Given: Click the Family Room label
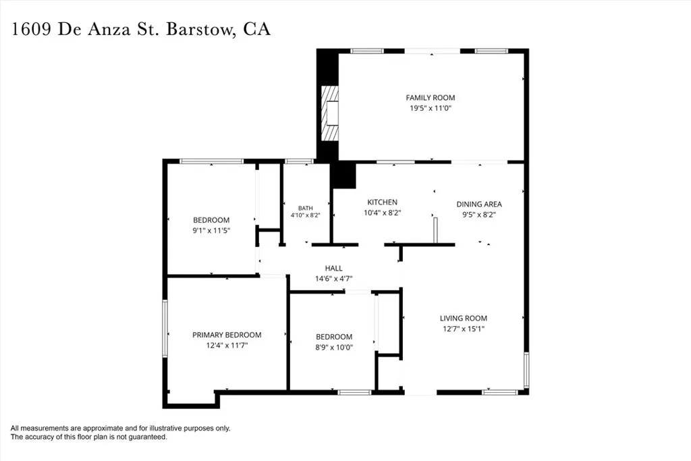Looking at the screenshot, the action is pos(430,98).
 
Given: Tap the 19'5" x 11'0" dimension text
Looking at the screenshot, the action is pos(430,109).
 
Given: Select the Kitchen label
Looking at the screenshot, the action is pos(383,202).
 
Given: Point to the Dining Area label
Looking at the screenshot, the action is pos(479,204).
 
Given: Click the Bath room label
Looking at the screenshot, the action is pos(306,208).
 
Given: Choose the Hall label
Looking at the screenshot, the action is pos(333,268).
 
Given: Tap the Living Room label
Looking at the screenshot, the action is pos(464,318).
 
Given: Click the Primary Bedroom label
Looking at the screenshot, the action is pos(227,335).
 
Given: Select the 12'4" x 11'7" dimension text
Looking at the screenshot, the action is pos(227,346).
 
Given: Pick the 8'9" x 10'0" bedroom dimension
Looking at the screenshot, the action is pos(334,348).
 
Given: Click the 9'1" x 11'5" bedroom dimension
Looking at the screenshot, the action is pos(211,231).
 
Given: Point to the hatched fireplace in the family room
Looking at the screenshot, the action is pos(329,113).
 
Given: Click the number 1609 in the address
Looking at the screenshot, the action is pos(31,30).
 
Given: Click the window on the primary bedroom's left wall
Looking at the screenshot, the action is pos(165,328).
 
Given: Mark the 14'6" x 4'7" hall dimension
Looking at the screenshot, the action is pos(333,279).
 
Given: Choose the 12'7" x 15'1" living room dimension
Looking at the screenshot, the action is pos(464,329).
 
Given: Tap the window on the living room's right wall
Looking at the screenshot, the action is pos(526,370).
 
